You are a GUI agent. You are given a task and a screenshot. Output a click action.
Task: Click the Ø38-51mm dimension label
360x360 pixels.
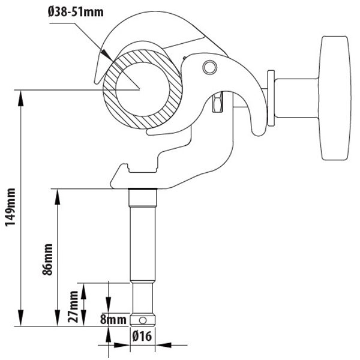pos(76,11)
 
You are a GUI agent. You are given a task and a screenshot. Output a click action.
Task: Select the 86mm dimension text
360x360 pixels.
pos(48,259)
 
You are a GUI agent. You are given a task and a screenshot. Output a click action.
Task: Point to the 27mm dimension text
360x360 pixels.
pos(73,307)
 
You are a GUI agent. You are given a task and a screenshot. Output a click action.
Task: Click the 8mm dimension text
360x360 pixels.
pos(113,320)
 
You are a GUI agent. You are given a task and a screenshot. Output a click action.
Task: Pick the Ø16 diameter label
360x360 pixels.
pos(142,337)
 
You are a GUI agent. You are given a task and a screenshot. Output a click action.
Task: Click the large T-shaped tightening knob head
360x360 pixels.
pos(335,98)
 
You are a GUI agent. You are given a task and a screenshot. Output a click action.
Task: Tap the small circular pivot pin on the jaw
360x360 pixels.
pos(210,67)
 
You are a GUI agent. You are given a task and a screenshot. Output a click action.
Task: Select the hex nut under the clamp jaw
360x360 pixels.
pos(217,102)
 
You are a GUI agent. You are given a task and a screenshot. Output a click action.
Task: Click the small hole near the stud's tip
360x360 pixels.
pos(143,320)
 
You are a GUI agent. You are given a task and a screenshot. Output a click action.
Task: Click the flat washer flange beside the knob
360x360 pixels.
pos(271,98)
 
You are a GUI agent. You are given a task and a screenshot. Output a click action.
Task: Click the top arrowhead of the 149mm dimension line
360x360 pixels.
pos(20,98)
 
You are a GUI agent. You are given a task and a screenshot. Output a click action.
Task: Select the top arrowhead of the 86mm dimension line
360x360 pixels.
pos(58,197)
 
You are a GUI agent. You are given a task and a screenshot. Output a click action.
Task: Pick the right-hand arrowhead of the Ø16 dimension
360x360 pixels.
pos(163,345)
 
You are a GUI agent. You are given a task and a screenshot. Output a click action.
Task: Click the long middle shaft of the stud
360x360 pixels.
pos(143,244)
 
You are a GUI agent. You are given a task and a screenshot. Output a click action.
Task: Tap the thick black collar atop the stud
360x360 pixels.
pos(143,189)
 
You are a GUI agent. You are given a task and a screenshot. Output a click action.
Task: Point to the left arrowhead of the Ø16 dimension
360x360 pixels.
pos(122,345)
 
